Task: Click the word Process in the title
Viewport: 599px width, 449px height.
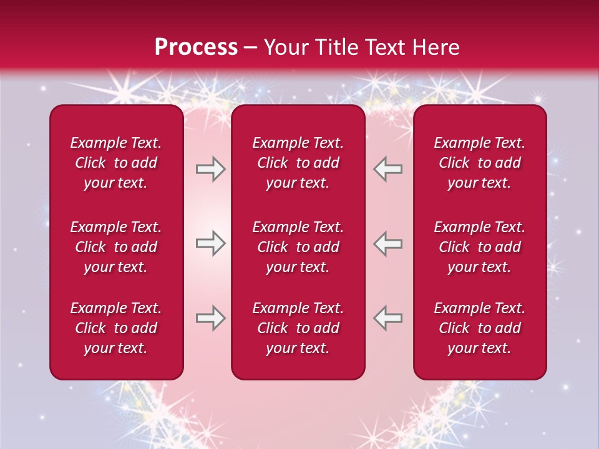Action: (x=196, y=47)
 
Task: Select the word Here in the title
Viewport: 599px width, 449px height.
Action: (x=434, y=47)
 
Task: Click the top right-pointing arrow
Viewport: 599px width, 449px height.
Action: (x=210, y=169)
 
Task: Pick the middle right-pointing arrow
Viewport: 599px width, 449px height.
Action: (x=210, y=244)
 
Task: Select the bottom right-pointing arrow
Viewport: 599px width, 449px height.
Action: (x=210, y=318)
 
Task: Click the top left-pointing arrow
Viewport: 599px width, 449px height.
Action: (x=387, y=169)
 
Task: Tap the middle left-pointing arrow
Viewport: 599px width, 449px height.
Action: (x=387, y=244)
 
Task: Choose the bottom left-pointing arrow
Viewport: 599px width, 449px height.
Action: (x=387, y=318)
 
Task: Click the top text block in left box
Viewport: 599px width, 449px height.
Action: (x=116, y=163)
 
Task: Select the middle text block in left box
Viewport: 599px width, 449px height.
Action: (x=116, y=247)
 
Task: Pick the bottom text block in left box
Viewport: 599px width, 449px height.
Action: (x=116, y=328)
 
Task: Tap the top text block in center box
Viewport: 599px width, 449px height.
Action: (x=298, y=163)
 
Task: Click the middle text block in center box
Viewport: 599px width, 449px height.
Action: (x=298, y=247)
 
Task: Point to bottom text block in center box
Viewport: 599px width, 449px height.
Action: (x=298, y=328)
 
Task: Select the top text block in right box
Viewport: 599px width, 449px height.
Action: (x=479, y=163)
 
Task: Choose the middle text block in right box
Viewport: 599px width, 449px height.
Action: (x=479, y=247)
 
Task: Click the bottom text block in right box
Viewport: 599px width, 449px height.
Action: (x=479, y=328)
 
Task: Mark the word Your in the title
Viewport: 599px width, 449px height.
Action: (x=284, y=47)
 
